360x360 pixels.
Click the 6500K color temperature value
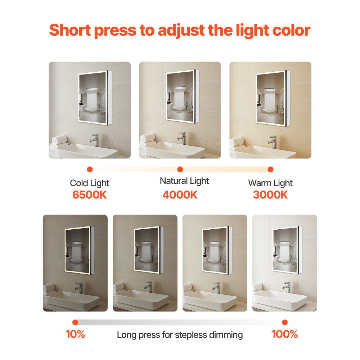point(89,195)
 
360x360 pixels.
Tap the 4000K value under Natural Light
point(180,195)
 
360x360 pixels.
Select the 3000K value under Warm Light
point(270,195)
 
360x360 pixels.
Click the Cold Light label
point(89,183)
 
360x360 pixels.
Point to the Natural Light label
point(184,181)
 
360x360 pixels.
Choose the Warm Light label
point(270,183)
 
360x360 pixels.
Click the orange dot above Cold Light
point(90,169)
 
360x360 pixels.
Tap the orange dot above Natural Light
point(180,169)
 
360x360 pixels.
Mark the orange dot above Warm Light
point(271,169)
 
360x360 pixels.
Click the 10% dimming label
point(75,334)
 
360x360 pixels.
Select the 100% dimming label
point(284,334)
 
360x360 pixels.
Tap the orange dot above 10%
point(75,322)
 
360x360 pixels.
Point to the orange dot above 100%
point(285,322)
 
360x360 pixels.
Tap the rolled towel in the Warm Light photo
point(237,141)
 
